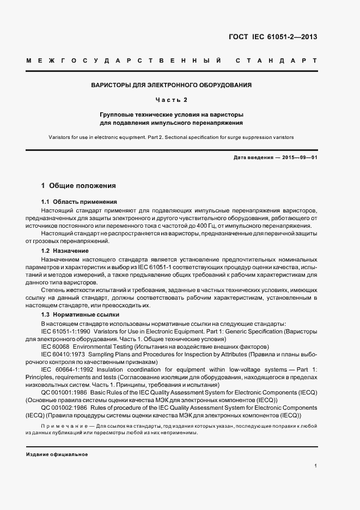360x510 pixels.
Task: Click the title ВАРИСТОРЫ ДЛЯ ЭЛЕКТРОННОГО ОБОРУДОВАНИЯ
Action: coord(171,86)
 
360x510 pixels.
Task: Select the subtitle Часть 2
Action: coord(171,100)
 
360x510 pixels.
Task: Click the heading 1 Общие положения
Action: coord(78,185)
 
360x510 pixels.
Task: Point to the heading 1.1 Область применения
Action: coord(79,202)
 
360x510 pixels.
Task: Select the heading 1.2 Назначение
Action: coord(65,251)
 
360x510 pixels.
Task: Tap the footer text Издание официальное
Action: coord(57,454)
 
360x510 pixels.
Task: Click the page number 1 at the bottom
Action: coord(316,466)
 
